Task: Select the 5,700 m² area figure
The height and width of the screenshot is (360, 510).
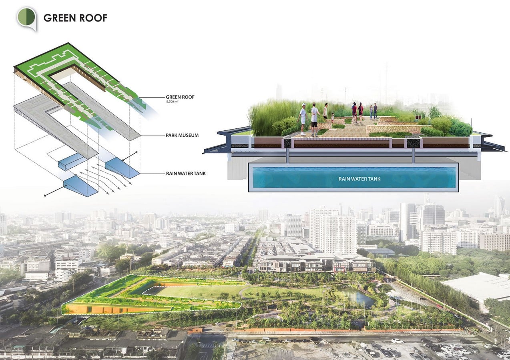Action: pyautogui.click(x=172, y=102)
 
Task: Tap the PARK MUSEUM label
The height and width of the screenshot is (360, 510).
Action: pyautogui.click(x=182, y=135)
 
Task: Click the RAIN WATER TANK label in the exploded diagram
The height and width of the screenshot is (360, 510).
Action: pyautogui.click(x=186, y=174)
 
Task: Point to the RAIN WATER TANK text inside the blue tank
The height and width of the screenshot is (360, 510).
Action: pyautogui.click(x=359, y=179)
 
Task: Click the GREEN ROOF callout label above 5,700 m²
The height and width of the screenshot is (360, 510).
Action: pyautogui.click(x=180, y=97)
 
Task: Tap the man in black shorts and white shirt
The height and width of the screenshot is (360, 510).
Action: pyautogui.click(x=315, y=120)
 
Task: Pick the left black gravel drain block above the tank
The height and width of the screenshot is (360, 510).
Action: pyautogui.click(x=288, y=143)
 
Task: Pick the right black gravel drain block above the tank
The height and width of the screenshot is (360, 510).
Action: pyautogui.click(x=413, y=143)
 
